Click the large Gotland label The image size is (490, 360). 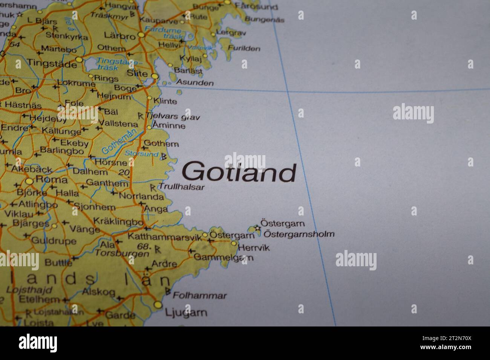[239, 172]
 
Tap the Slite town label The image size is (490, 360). [137, 73]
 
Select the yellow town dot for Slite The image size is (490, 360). [155, 76]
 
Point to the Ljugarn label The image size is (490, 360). [186, 312]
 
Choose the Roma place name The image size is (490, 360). [51, 180]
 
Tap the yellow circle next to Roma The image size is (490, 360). [29, 182]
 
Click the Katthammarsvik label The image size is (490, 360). [165, 237]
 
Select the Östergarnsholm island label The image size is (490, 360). [299, 234]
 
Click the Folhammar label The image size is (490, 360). [200, 296]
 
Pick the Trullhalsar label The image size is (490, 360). [182, 186]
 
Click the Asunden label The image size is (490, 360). [195, 82]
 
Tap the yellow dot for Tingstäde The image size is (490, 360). [79, 59]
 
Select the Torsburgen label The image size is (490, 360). [122, 253]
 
